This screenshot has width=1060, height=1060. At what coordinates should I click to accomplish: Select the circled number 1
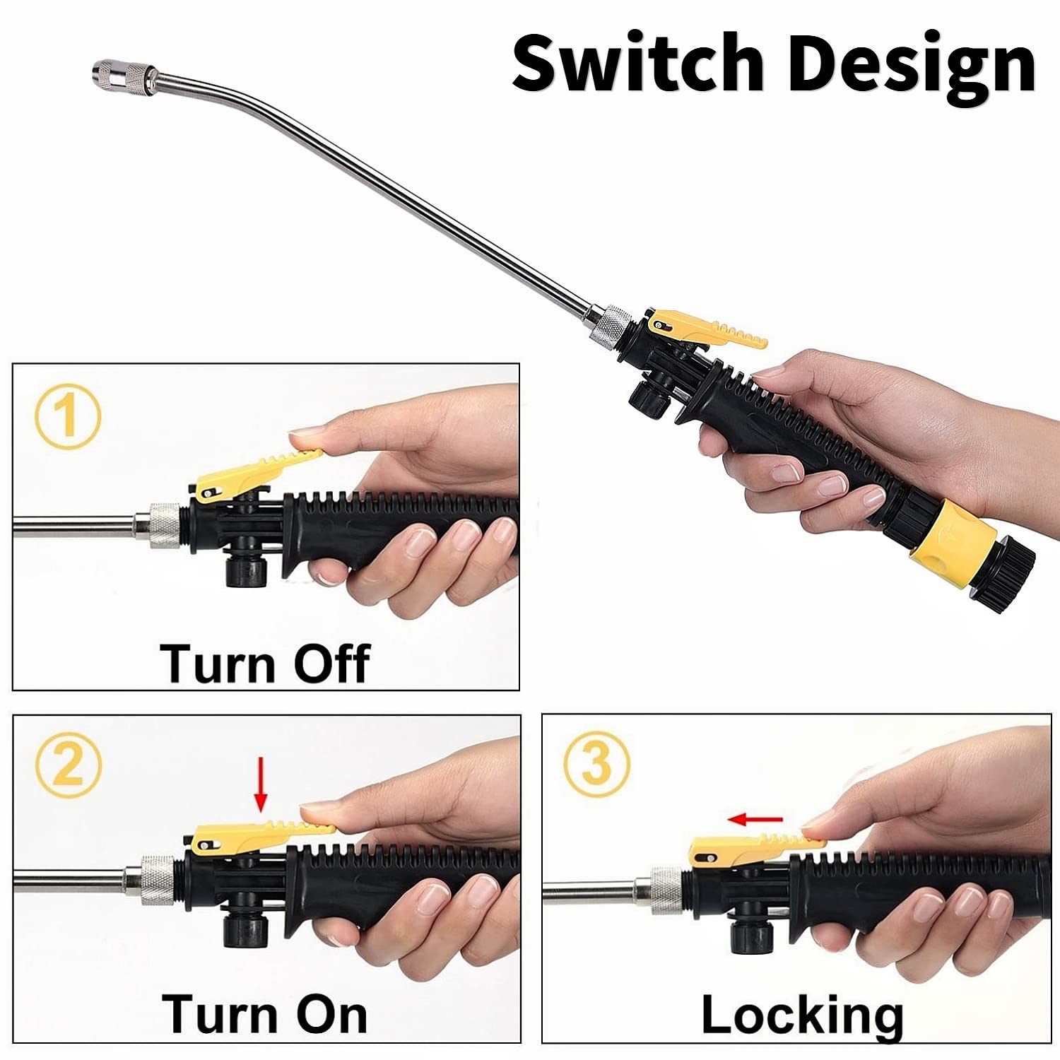tap(67, 416)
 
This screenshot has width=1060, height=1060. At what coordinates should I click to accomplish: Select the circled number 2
tap(69, 765)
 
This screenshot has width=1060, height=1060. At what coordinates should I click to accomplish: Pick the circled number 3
tap(596, 764)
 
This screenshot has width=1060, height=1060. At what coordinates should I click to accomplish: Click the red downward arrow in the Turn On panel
tap(261, 784)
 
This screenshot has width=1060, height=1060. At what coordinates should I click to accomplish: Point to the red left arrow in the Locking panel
tap(755, 819)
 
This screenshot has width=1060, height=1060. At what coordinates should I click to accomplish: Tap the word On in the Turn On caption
tap(331, 1015)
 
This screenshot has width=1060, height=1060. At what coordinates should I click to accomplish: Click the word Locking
tap(802, 1016)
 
